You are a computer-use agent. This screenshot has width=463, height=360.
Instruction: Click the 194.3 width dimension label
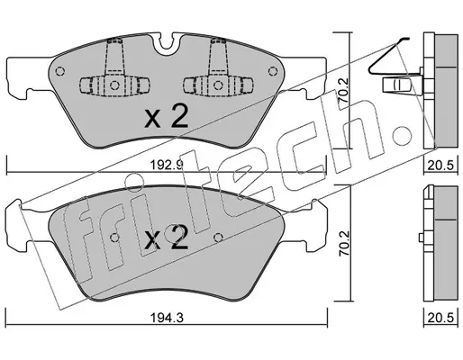click(x=167, y=318)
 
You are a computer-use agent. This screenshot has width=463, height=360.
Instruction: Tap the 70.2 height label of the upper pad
click(x=343, y=90)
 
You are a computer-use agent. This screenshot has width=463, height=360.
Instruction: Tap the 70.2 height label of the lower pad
click(x=343, y=243)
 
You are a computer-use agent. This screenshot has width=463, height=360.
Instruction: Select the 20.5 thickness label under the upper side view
click(x=441, y=165)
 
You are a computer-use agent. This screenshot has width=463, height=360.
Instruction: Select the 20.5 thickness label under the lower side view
click(x=441, y=318)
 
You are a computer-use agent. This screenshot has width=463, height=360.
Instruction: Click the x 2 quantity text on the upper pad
click(x=167, y=117)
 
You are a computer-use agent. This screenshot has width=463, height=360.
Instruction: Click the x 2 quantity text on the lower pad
click(x=167, y=239)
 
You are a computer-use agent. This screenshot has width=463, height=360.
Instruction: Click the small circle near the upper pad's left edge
click(x=60, y=71)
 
